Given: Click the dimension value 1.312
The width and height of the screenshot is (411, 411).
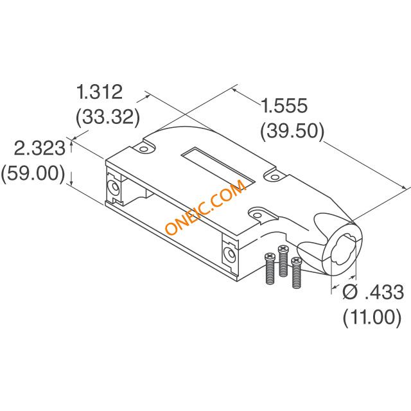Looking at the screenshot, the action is point(100,92).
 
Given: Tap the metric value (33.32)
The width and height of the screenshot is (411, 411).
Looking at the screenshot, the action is point(108,117).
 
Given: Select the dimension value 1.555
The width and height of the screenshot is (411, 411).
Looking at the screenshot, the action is point(284,105).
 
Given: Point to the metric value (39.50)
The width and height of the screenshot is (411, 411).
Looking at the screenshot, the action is point(292,131).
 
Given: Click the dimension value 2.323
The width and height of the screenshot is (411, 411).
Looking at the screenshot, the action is point(40,148).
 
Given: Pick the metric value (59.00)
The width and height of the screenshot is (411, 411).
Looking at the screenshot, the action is point(33,173).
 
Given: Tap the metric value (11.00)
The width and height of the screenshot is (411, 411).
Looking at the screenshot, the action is point(372,317).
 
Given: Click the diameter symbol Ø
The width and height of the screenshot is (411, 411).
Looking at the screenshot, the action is point(350,292).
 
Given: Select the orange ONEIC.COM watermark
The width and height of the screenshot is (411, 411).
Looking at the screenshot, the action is point(205,207).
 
